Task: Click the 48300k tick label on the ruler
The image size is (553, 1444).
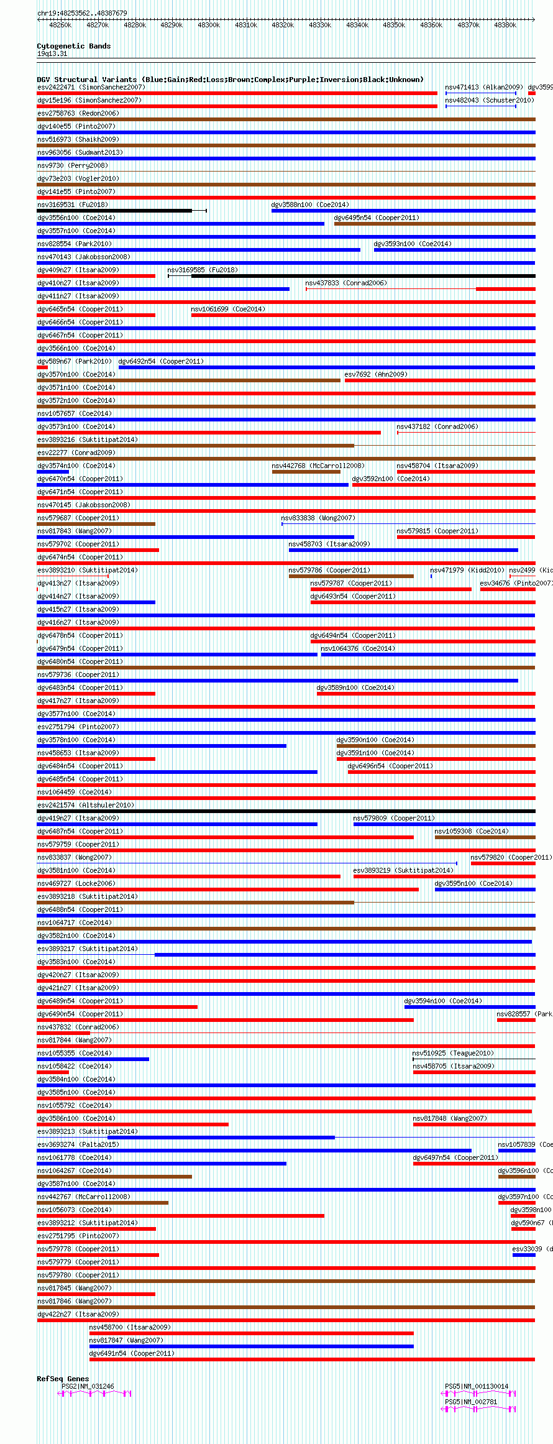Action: [208, 25]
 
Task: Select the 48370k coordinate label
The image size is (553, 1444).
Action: [468, 25]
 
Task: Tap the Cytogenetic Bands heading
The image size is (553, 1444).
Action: [73, 46]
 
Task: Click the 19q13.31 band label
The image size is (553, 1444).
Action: [52, 53]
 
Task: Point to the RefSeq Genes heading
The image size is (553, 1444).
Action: [63, 1379]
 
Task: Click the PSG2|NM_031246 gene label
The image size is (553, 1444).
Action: [88, 1386]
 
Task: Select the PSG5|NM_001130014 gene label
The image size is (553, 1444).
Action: [477, 1386]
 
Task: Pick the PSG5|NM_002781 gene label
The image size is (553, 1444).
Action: [471, 1402]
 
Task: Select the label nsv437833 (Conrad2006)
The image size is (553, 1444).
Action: [345, 283]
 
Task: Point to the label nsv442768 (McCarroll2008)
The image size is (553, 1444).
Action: [318, 466]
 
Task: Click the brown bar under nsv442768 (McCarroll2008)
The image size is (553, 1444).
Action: [306, 472]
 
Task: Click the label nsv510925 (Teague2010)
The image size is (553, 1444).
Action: [453, 1053]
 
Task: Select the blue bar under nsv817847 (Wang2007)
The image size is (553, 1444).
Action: [251, 1346]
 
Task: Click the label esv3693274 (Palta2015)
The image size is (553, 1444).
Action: [78, 1144]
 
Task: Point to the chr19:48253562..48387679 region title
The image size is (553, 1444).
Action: [82, 13]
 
